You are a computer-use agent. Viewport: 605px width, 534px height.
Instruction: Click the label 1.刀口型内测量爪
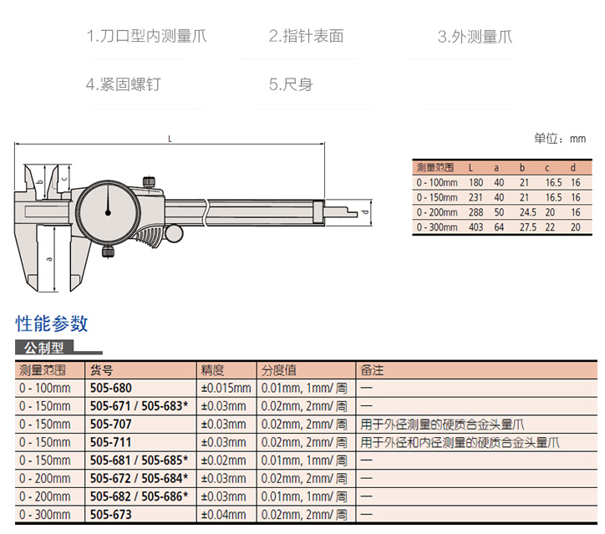(x=146, y=36)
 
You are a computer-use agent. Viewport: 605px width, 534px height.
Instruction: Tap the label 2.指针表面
(x=306, y=36)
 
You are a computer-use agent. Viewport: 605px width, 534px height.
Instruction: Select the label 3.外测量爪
(x=475, y=37)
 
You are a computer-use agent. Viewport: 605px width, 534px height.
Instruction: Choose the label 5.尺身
(x=291, y=84)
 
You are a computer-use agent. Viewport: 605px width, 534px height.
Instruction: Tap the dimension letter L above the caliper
(x=170, y=140)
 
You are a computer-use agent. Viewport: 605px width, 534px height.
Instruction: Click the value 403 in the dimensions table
(x=475, y=226)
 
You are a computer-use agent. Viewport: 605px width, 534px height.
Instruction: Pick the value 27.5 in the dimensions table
(x=527, y=226)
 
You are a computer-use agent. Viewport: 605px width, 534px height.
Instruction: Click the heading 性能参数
(x=52, y=323)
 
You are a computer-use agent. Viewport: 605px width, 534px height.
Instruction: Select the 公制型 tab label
(x=43, y=348)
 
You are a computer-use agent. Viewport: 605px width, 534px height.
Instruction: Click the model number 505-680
(x=110, y=388)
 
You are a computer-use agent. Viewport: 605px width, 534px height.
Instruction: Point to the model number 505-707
(x=110, y=424)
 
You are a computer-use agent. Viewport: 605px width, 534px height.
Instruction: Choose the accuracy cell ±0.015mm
(x=226, y=388)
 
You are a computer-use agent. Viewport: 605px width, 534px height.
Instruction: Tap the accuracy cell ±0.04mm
(x=223, y=514)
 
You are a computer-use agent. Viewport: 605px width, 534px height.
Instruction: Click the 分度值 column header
(x=279, y=369)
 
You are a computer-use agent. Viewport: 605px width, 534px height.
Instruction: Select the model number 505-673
(x=110, y=514)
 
